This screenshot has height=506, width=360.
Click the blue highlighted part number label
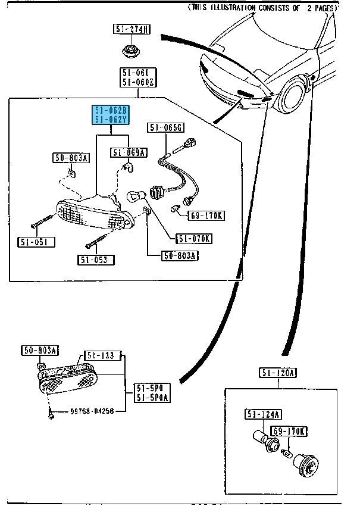click(109, 115)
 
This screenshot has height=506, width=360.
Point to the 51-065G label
click(167, 127)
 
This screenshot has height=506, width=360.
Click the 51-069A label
click(128, 153)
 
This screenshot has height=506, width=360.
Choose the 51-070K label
click(193, 239)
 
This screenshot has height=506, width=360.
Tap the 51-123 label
click(101, 355)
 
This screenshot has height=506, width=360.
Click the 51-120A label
click(278, 373)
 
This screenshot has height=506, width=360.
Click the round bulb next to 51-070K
click(134, 196)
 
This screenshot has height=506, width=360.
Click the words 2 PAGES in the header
click(320, 8)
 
